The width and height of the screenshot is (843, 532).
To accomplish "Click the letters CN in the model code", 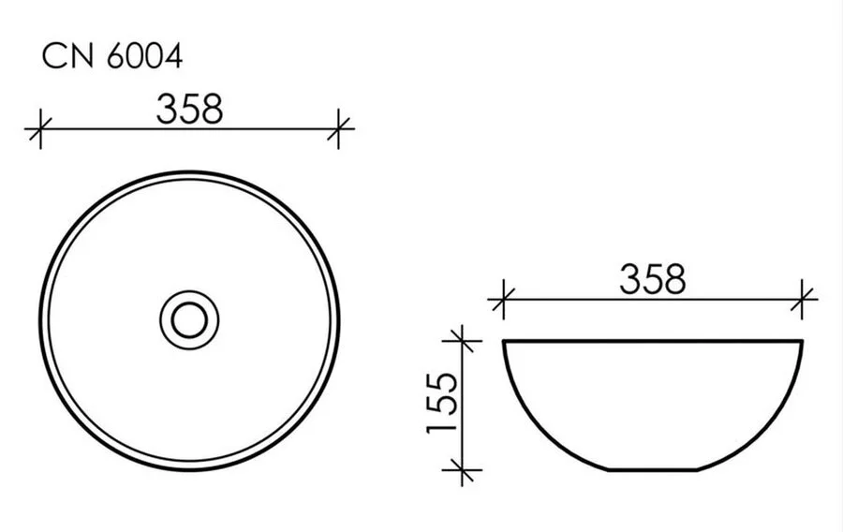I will [63, 58].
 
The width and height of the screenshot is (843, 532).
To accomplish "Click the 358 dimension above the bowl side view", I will [653, 279].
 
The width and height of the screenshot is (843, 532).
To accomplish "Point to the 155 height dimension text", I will [441, 403].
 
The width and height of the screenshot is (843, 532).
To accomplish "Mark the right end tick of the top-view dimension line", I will [339, 128].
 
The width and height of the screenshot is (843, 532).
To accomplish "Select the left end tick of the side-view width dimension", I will [503, 300].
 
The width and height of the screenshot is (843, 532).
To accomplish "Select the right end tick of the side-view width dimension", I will [803, 300].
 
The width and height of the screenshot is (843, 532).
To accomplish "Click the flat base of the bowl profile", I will [653, 469].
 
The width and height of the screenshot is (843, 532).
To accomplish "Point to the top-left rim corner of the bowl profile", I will [505, 341].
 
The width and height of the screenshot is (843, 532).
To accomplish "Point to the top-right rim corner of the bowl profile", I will [802, 341].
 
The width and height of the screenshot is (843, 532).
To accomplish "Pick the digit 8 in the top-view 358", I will [211, 109].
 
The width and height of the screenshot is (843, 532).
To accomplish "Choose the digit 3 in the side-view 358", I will [630, 279].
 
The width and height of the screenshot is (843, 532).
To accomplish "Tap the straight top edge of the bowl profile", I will [653, 340].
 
